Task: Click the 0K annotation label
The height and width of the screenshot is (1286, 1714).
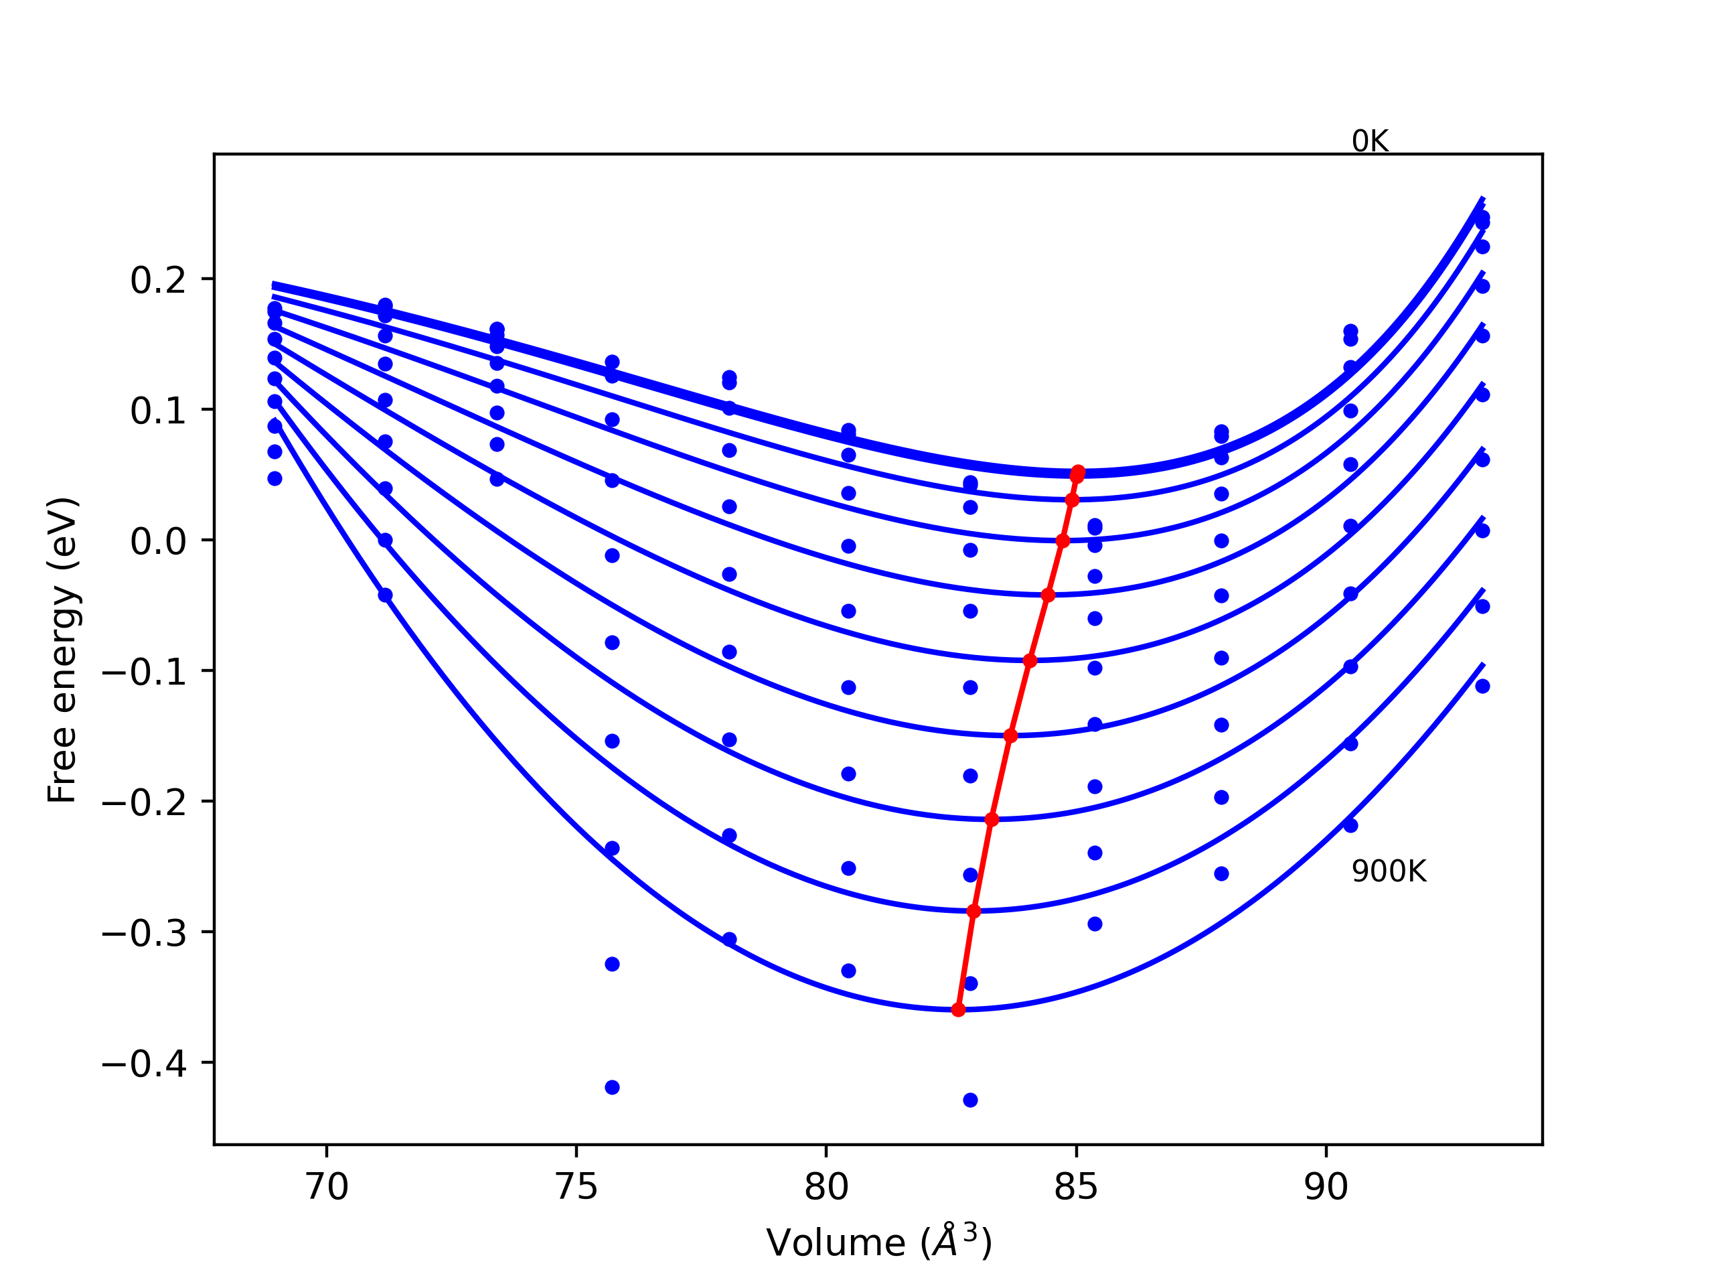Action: pos(1369,142)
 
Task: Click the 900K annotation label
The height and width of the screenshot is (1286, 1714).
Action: pos(1388,872)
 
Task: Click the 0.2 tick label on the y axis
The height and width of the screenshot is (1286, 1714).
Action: pos(158,280)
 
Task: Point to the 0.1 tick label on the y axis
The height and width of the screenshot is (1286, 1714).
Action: pos(158,411)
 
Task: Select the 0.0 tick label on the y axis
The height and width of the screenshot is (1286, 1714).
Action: pos(158,541)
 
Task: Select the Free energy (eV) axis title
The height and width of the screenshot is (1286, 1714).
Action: pos(62,650)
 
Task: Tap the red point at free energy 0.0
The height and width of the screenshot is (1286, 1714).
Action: pos(1063,541)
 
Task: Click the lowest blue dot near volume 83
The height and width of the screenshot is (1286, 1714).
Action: pos(970,1100)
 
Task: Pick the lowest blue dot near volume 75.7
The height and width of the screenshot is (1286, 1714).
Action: pos(612,1088)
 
